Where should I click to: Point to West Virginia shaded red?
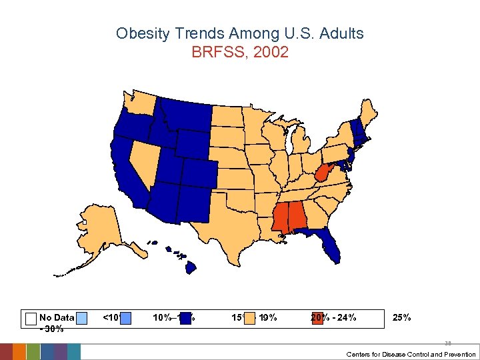coord(322,175)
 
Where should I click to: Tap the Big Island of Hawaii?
coord(190,267)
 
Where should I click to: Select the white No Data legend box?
coord(30,318)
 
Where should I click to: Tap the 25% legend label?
coord(402,317)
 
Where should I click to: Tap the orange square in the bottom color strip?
coord(19,352)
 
